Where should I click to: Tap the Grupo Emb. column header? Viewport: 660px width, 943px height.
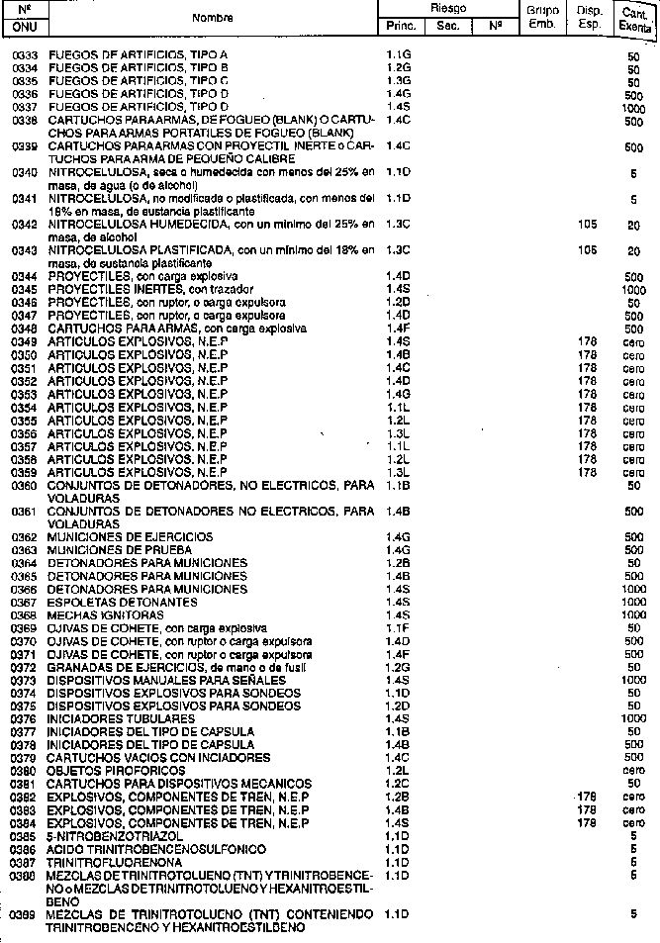[542, 17]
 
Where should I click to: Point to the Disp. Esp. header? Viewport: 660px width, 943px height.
[589, 17]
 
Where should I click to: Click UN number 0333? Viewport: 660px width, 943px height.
[25, 54]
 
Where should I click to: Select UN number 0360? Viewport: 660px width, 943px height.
[25, 486]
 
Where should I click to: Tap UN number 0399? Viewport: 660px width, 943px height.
[25, 915]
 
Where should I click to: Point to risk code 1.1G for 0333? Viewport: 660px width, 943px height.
[398, 54]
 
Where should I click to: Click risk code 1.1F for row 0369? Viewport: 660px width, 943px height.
[398, 628]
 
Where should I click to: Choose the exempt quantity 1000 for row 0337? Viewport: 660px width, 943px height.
[633, 107]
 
